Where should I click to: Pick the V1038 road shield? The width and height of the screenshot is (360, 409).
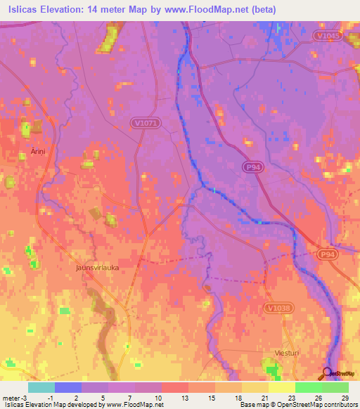click(x=279, y=307)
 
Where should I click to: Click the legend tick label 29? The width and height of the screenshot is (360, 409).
click(x=345, y=398)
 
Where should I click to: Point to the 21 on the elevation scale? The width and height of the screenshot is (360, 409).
click(x=264, y=398)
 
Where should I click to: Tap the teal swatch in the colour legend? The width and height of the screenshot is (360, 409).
click(x=41, y=387)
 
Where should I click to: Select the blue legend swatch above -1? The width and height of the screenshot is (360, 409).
click(x=68, y=387)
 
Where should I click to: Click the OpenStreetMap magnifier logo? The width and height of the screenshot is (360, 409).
click(x=328, y=373)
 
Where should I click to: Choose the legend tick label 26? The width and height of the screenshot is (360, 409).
click(x=318, y=398)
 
